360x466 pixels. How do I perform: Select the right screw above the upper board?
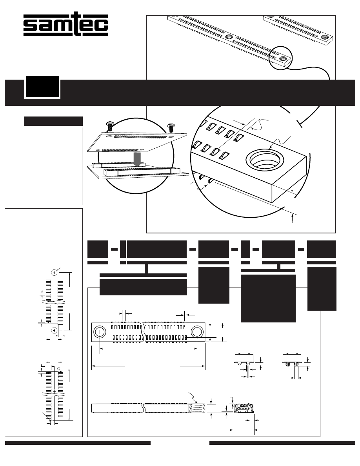click(171, 127)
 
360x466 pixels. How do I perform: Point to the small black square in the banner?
click(42, 87)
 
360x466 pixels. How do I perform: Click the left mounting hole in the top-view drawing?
click(100, 332)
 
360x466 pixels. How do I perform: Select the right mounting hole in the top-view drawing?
click(197, 332)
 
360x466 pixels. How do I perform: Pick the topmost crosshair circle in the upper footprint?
click(55, 272)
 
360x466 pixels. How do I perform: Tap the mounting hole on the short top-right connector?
click(325, 37)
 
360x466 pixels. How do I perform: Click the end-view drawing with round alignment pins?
click(244, 360)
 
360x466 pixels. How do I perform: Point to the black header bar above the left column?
click(53, 121)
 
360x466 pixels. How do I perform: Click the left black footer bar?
click(78, 443)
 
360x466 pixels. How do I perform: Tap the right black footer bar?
click(282, 443)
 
